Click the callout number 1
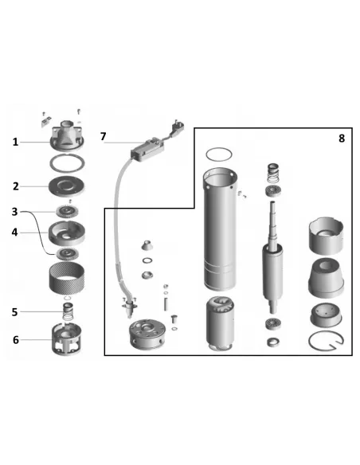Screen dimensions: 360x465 (15, 142)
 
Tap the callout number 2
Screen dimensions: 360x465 (16, 186)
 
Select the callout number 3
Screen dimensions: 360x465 (15, 212)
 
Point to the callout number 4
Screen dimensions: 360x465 (15, 232)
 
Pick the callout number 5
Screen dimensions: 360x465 (15, 312)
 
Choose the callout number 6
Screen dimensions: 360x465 (15, 340)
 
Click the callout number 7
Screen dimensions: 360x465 (103, 136)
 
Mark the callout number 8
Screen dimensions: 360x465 (342, 139)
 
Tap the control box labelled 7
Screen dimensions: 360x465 (147, 150)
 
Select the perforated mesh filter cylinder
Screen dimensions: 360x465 (67, 278)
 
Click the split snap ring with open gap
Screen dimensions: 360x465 (327, 341)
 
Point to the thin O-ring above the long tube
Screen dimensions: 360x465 (219, 154)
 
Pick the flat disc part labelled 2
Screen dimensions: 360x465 (66, 186)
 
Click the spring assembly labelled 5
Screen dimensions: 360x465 (68, 311)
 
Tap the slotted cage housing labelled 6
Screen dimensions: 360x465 (67, 339)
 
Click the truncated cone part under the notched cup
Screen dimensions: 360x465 (327, 278)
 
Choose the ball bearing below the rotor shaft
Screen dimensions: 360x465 (273, 323)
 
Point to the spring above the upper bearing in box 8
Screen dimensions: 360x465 (274, 174)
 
